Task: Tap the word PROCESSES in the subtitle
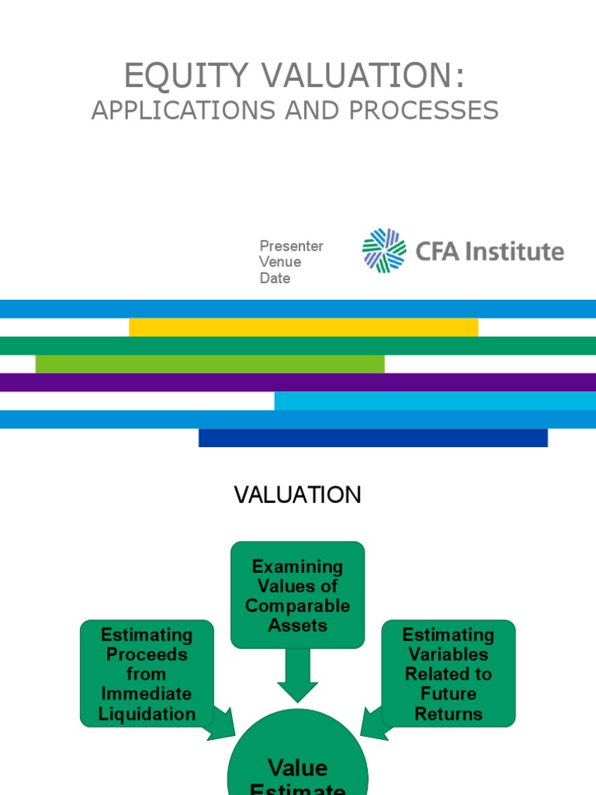424,111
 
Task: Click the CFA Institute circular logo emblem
384,251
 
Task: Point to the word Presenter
291,246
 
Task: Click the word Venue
280,262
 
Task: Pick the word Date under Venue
275,278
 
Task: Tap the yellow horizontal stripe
303,327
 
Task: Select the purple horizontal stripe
298,382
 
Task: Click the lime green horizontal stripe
210,363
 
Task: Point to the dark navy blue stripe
372,438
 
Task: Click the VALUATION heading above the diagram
298,495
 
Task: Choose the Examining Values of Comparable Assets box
297,595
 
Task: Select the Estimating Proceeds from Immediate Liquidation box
147,673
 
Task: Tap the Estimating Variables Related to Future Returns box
448,673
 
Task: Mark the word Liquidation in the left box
147,713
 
